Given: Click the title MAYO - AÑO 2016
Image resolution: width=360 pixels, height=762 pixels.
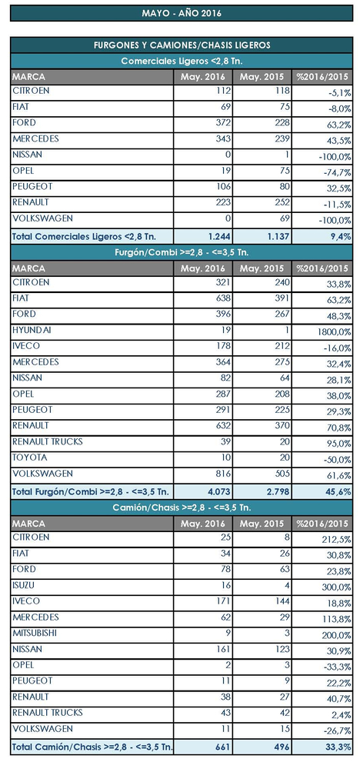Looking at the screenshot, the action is [182, 13].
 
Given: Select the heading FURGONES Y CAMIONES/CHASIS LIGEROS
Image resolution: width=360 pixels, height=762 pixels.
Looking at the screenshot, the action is [182, 45].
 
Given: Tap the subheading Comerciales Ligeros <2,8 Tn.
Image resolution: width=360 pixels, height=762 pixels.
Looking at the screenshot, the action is [182, 61].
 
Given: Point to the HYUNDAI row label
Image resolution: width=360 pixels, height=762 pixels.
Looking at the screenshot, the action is [32, 330].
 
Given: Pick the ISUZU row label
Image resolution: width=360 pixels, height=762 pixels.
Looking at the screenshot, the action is [23, 585].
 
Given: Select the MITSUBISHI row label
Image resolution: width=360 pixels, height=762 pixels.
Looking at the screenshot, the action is [36, 634].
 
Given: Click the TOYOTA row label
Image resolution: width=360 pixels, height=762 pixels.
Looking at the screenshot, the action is [29, 458].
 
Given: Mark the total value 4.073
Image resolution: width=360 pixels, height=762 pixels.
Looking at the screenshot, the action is [218, 492].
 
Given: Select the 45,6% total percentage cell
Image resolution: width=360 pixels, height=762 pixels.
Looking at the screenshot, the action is [339, 492].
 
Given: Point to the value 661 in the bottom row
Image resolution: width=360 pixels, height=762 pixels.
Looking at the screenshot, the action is [223, 746].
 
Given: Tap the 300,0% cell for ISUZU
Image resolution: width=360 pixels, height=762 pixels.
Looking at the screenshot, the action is [336, 587].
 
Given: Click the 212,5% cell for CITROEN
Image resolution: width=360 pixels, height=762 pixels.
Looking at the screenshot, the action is [336, 539].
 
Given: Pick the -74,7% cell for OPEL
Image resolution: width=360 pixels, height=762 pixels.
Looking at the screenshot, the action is [337, 172].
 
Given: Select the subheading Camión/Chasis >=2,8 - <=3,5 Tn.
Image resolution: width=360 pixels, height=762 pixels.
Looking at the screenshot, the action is [182, 507].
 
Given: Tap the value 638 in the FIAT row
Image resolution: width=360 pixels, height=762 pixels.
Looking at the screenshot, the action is [223, 298].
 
